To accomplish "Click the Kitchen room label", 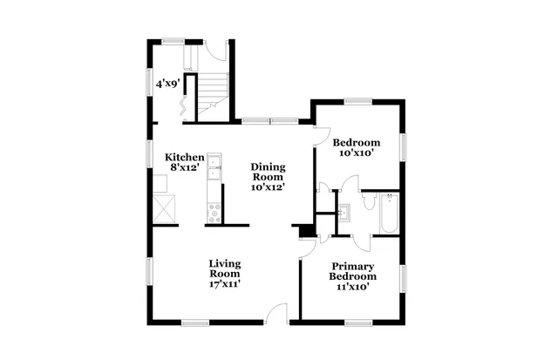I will coord(185,157).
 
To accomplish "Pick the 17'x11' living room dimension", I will coord(224,283).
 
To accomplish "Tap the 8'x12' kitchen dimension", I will coord(185,167).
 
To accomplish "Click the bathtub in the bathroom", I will coord(388,214).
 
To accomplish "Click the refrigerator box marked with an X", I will coord(163,207).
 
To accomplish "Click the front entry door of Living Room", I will coord(276,313).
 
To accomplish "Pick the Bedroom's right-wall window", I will coord(404,146).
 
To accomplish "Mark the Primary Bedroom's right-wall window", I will coord(404,279).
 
